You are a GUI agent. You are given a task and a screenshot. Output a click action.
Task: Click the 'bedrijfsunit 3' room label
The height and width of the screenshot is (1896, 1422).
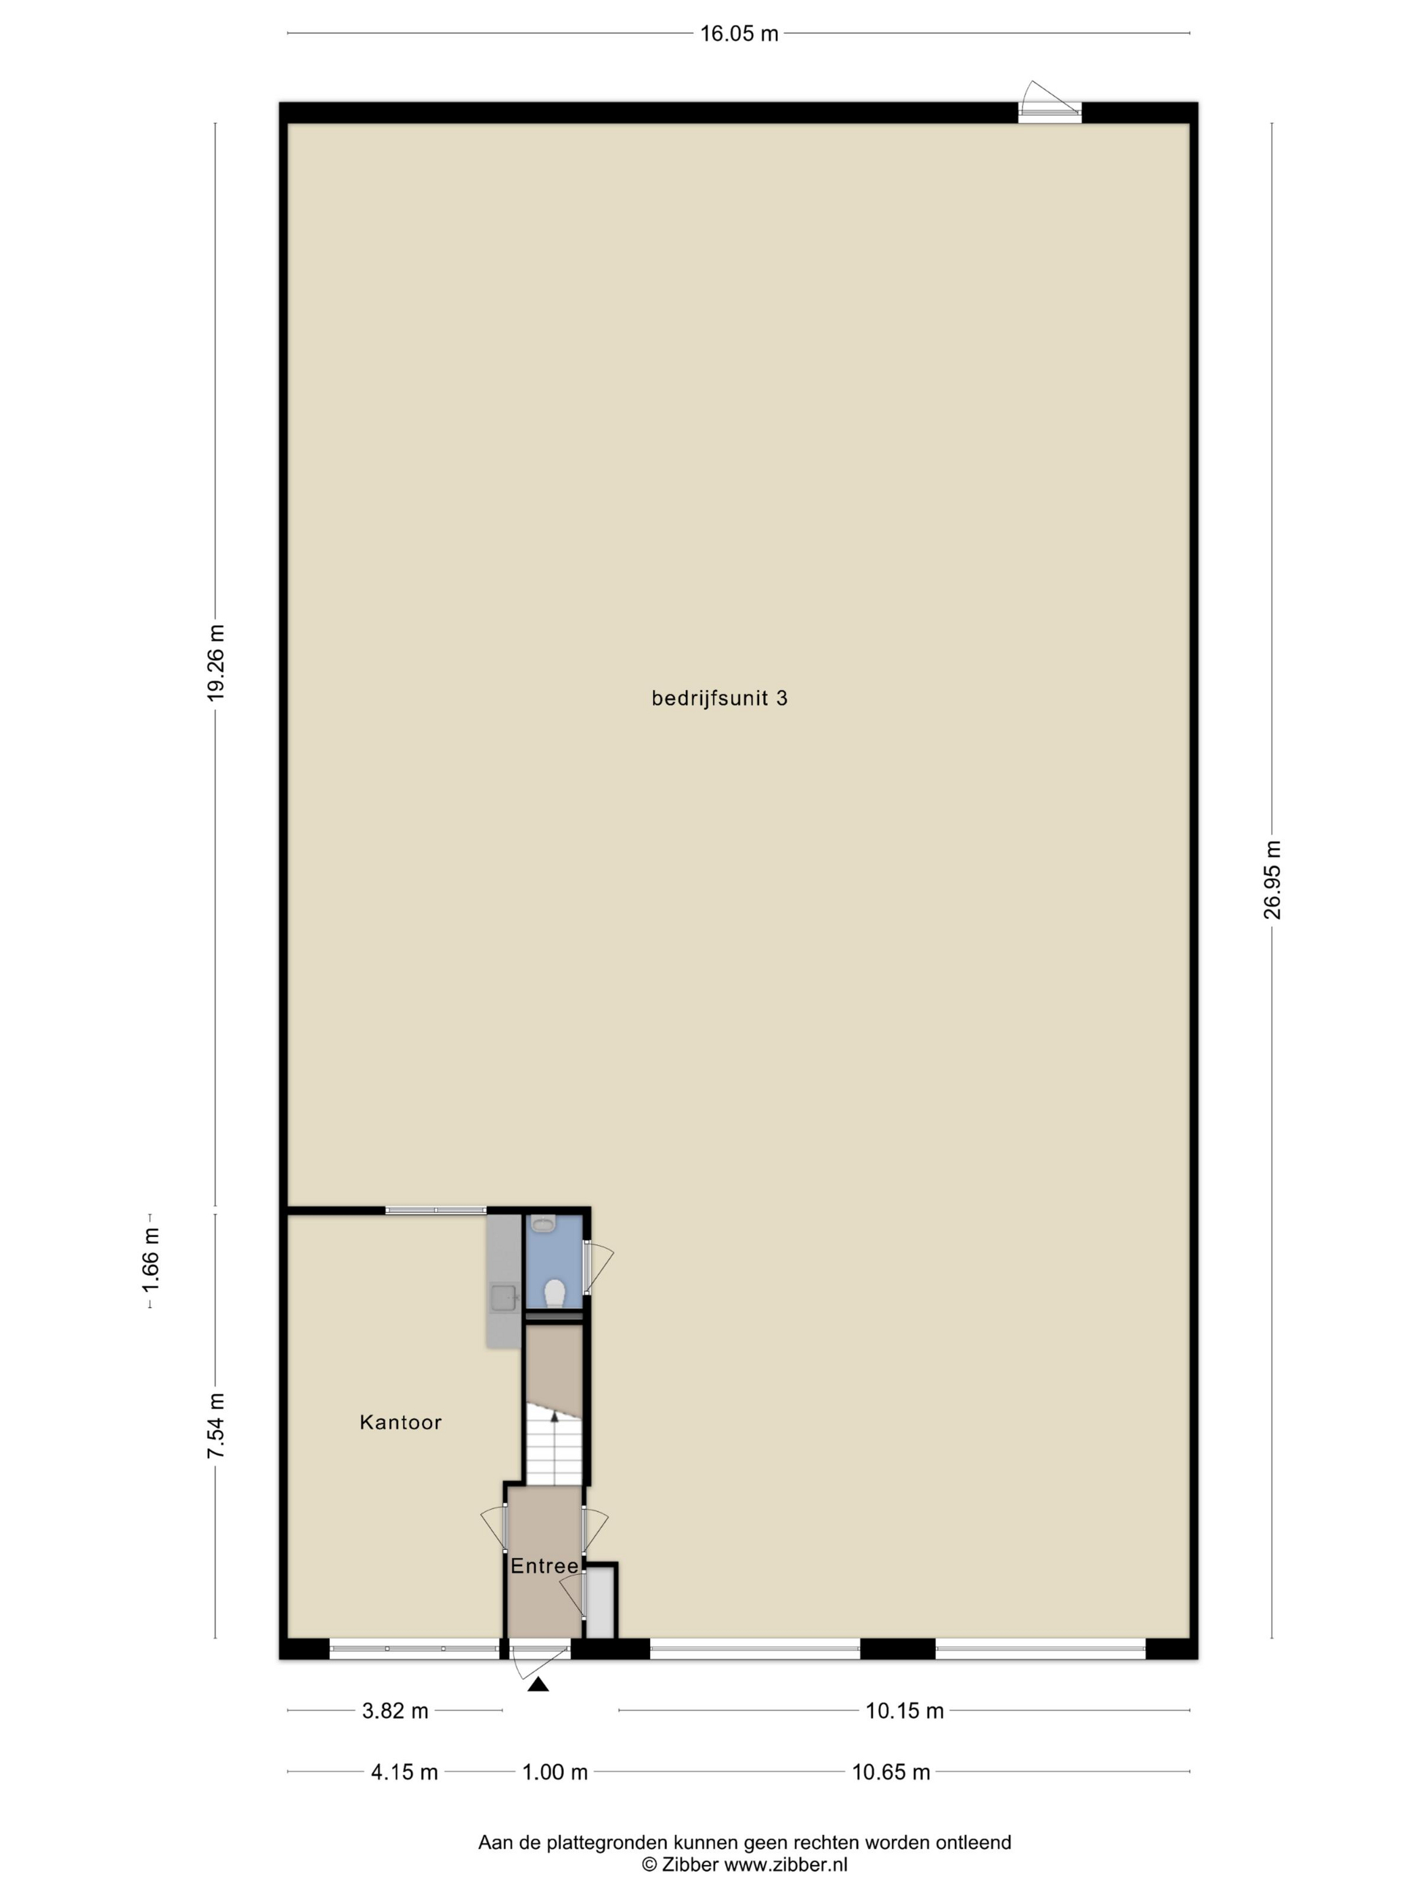point(719,699)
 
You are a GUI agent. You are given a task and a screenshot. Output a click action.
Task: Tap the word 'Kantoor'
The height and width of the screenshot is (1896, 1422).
point(400,1422)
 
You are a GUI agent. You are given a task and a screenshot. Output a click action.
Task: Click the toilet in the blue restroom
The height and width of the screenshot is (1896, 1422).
point(555,1293)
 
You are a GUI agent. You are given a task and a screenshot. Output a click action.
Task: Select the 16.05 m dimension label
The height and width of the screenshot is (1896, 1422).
point(739,33)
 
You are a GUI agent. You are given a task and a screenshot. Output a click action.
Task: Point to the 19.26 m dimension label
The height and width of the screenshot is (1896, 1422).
point(215,662)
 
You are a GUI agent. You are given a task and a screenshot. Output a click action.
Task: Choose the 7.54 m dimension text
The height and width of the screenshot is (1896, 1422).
point(215,1425)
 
